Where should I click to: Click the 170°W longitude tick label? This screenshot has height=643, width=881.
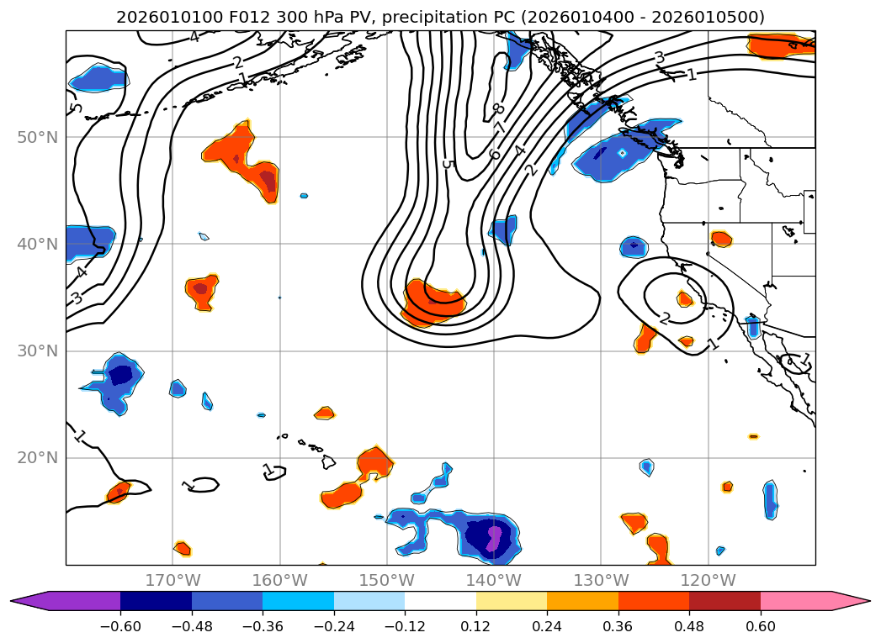click(x=172, y=580)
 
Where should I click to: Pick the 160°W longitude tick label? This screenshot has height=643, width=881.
click(x=279, y=580)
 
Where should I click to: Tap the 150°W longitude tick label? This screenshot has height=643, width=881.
click(x=386, y=580)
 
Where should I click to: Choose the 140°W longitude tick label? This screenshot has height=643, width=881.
click(x=493, y=580)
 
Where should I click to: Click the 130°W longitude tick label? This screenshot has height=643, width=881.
click(x=601, y=580)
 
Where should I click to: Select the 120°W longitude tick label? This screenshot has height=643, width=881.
click(x=708, y=580)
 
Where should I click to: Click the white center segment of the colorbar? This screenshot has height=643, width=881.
click(x=440, y=601)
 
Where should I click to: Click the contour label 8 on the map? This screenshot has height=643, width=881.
click(x=498, y=109)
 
